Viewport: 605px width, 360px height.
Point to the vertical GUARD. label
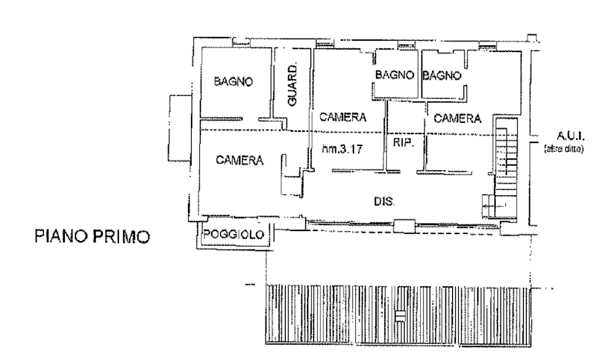coord(292,86)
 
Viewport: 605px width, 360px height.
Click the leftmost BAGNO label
coord(233,82)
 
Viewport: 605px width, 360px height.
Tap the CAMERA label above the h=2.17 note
coord(343,117)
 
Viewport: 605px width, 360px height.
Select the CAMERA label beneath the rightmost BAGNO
coord(457,118)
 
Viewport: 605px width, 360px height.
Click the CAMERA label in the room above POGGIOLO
coord(240,160)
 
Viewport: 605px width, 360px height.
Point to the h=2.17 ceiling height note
coord(341,150)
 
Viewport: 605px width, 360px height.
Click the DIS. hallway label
coord(383,202)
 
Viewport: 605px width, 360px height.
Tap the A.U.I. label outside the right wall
coord(564,134)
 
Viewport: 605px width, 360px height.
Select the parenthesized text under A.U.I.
coord(564,150)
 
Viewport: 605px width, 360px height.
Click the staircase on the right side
coord(503,148)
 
